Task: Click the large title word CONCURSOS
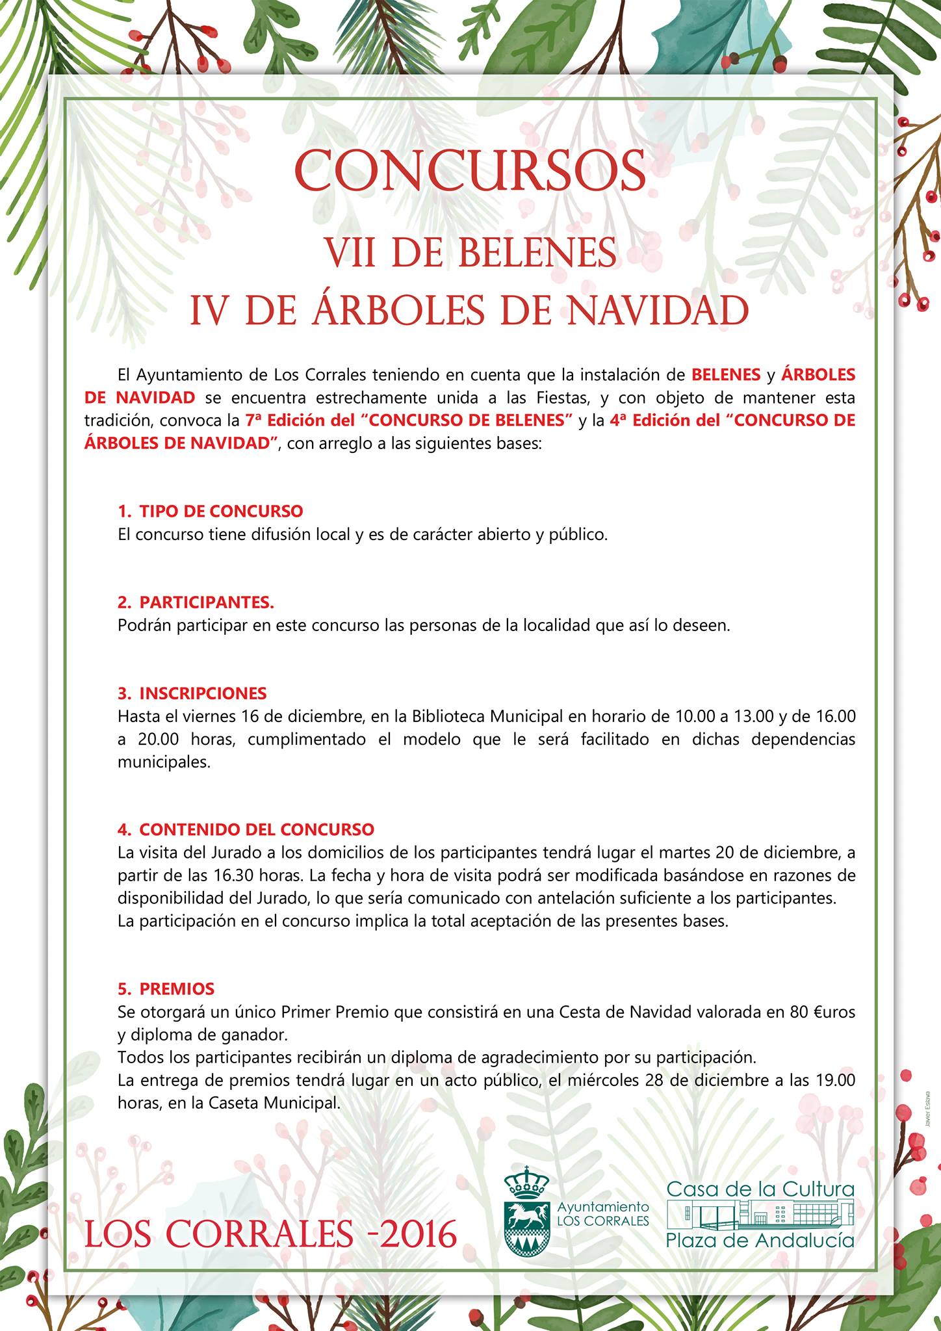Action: [470, 170]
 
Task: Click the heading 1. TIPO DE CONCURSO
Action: [211, 511]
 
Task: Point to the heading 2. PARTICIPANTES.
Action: [196, 602]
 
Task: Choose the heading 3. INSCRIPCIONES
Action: [192, 693]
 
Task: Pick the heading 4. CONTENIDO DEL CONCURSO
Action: [246, 830]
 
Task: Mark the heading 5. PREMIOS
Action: [166, 989]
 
